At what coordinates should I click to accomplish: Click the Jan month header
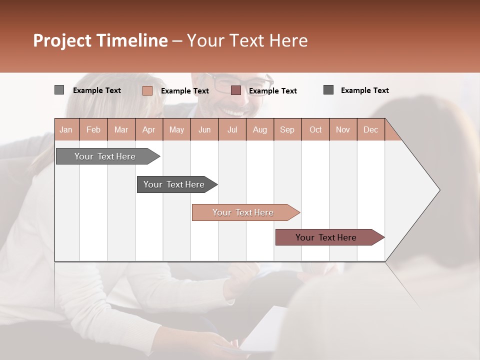point(66,129)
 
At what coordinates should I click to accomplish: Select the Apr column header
point(148,129)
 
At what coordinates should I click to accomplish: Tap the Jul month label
point(232,129)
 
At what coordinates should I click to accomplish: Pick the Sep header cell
point(287,129)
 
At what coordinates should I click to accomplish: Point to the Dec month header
point(370,129)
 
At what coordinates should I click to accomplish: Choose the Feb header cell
point(93,129)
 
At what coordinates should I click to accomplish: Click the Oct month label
point(315,129)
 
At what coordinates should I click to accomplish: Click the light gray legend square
point(59,90)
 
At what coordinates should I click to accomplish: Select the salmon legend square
point(147,90)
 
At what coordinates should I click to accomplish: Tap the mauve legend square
point(236,90)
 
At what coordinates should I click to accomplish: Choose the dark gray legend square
point(328,90)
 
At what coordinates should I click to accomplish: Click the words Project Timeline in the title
point(100,40)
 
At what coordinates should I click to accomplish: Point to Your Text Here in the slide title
point(247,40)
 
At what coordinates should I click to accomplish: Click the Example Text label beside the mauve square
point(272,91)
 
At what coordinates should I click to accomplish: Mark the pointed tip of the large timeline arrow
point(439,189)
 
